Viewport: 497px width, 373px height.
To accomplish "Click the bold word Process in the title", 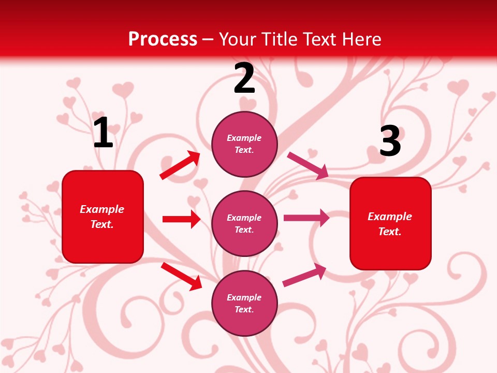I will pos(163,39).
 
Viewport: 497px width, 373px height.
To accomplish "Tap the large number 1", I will pos(103,133).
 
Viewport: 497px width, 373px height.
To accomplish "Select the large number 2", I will pos(244,79).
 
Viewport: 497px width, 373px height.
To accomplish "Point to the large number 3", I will pos(390,141).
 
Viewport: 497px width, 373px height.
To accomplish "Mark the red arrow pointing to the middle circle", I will pos(181,219).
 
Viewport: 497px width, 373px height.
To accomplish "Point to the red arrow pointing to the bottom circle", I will pos(181,276).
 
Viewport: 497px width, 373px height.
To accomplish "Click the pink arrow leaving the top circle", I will pos(308,165).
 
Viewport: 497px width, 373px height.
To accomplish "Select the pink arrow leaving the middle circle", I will pos(306,218).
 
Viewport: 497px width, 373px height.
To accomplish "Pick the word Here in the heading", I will pos(361,39).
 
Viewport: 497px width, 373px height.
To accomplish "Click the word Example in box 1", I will pos(102,209).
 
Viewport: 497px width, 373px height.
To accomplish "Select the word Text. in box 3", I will pos(390,232).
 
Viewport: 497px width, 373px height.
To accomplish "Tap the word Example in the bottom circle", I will pos(244,297).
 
